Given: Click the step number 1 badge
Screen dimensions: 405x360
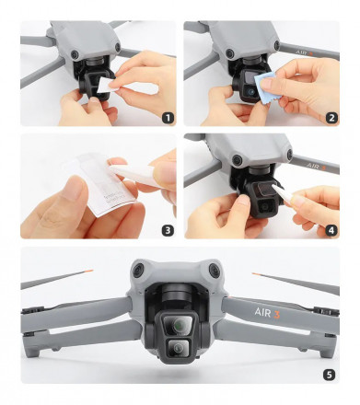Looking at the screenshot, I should click(167, 117).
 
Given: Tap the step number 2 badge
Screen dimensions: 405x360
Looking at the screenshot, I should click(330, 117).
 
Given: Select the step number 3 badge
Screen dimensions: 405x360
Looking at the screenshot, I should click(167, 229).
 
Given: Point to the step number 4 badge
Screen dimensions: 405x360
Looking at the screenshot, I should click(330, 229).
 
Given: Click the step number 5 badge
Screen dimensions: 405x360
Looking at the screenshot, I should click(330, 374).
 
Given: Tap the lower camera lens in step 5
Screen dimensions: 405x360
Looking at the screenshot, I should click(179, 348).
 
